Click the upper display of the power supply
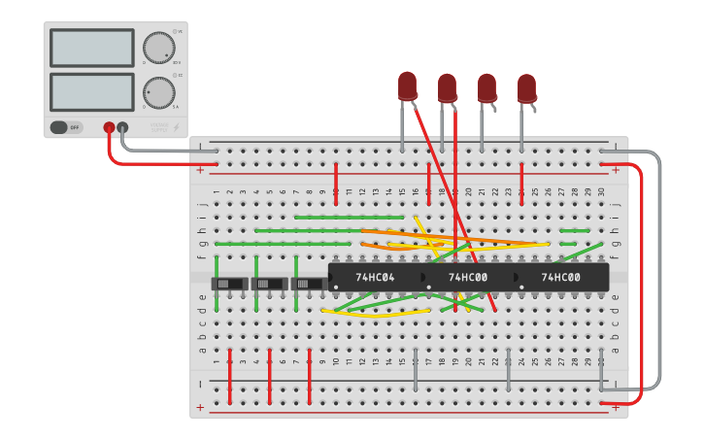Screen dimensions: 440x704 click(x=91, y=48)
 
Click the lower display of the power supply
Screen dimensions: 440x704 click(x=91, y=91)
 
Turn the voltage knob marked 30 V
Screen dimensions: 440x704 click(x=157, y=48)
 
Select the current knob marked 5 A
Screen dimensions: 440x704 click(x=157, y=92)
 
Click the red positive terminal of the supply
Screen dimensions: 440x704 click(x=109, y=127)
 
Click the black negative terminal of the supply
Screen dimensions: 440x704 click(x=122, y=127)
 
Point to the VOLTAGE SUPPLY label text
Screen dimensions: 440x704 click(x=159, y=126)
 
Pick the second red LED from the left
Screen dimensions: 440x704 click(x=447, y=87)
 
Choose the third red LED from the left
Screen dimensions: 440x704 click(x=486, y=87)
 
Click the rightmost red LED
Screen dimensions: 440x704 click(x=526, y=87)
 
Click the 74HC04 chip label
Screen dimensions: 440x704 click(x=375, y=277)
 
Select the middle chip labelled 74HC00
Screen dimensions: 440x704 click(x=468, y=277)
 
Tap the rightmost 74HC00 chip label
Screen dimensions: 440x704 click(x=560, y=277)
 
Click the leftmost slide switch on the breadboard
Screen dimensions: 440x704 click(x=229, y=284)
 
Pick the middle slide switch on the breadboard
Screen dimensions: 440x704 click(x=268, y=284)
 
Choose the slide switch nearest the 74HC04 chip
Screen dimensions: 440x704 click(x=308, y=284)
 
